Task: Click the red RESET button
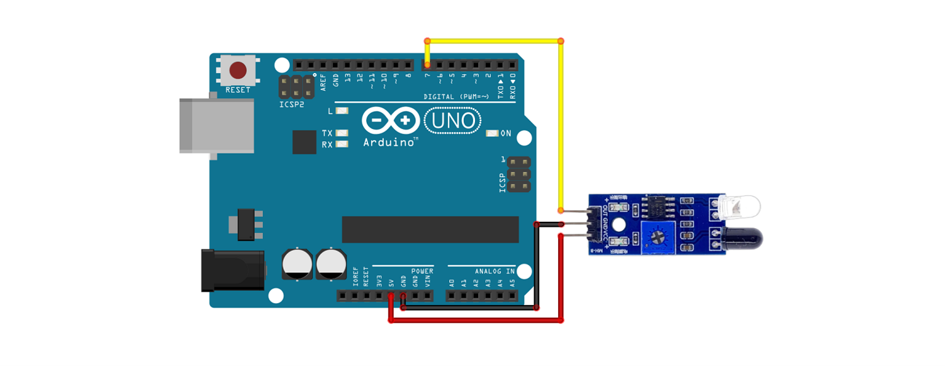pos(238,69)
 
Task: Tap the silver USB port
pos(216,125)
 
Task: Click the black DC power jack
pos(232,270)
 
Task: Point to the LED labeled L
pos(342,111)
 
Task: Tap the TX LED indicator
pos(342,133)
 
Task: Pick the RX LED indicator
pos(342,144)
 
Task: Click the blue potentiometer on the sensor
pos(658,237)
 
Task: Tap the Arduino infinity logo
pos(391,120)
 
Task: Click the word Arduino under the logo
pos(389,143)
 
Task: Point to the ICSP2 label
pos(292,104)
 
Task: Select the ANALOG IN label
pos(495,271)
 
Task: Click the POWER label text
pos(422,271)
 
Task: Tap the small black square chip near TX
pos(305,142)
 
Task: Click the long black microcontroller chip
pos(430,229)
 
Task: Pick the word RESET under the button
pos(238,90)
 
